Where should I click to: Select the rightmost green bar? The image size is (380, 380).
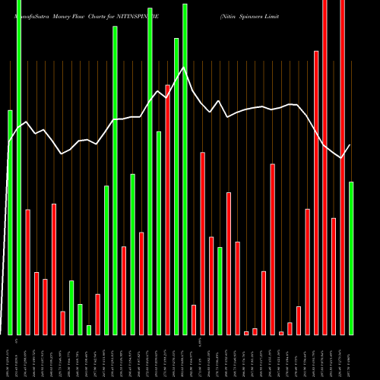351,258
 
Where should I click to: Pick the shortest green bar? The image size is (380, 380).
89,330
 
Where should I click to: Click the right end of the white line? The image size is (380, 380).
350,145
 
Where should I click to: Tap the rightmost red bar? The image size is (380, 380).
342,167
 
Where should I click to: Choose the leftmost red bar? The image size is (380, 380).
27,271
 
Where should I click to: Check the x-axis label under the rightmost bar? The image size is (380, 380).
351,356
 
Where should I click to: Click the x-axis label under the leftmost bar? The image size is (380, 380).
10,356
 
